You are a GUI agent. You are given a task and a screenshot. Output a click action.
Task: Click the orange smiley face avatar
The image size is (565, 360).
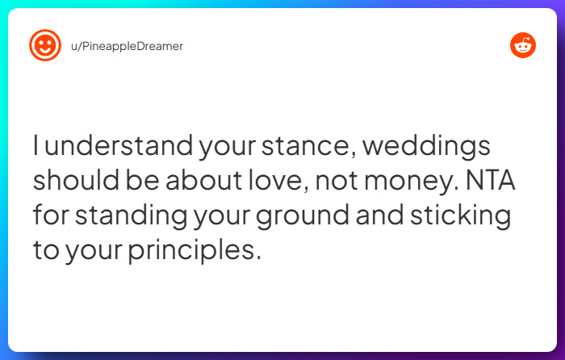tap(45, 46)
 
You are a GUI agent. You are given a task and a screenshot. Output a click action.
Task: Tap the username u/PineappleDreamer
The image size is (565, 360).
tap(127, 46)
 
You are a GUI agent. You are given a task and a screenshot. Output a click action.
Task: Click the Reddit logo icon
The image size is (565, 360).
tap(523, 46)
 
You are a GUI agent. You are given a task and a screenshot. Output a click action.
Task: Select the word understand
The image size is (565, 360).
tap(101, 149)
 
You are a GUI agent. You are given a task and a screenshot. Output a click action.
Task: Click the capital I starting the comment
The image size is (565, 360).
tap(36, 149)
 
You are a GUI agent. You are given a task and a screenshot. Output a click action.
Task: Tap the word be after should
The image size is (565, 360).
tap(143, 182)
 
